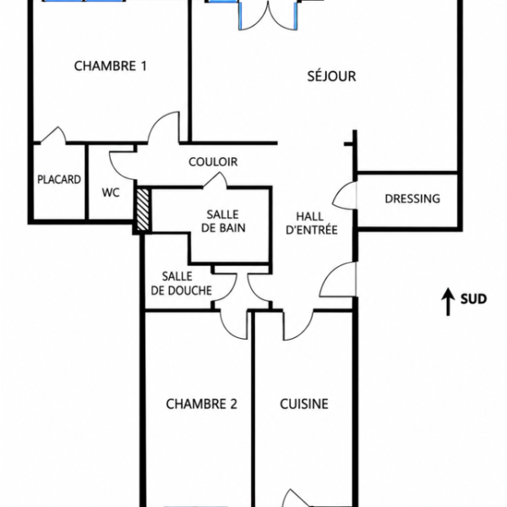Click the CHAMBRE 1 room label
110,66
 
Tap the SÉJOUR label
331,76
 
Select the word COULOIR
213,161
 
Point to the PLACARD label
59,179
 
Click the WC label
111,193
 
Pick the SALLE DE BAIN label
223,221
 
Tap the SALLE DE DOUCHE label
182,284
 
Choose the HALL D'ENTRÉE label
312,223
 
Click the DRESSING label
412,199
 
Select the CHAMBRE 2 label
201,404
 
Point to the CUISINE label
304,404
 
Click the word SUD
474,299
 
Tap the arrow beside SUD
448,302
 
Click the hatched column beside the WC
143,210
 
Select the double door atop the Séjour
268,15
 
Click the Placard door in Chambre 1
54,134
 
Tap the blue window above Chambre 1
84,1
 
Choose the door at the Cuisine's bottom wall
295,498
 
